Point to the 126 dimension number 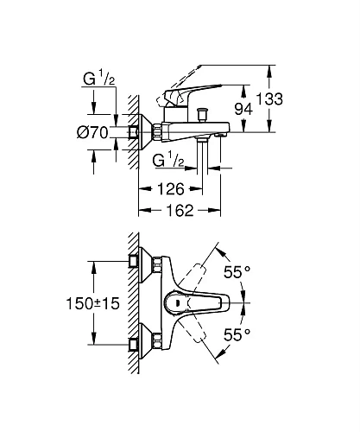point(170,188)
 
